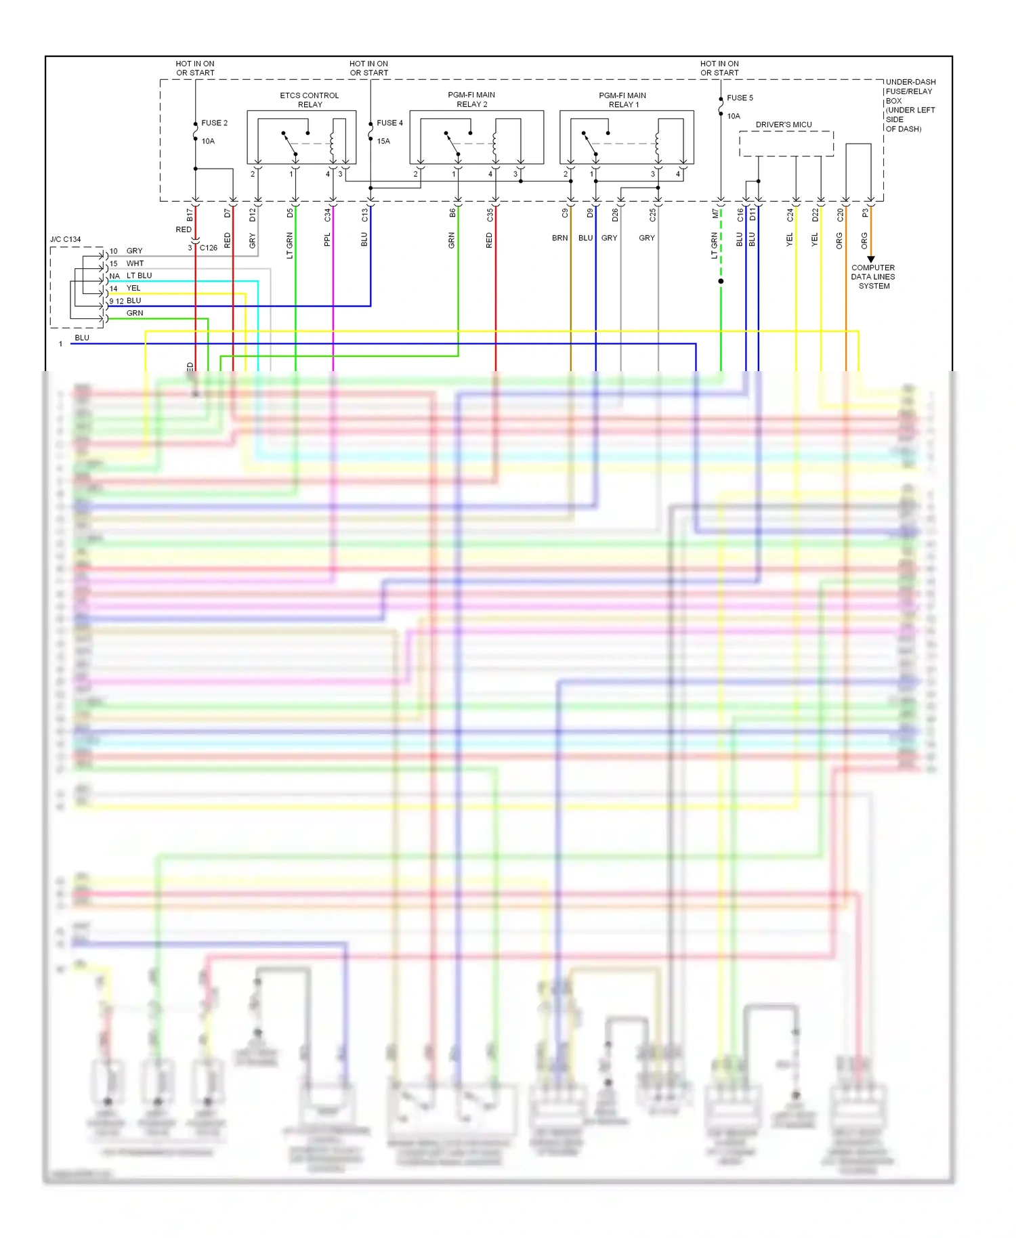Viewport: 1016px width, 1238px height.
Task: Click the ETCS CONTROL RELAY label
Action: tap(310, 100)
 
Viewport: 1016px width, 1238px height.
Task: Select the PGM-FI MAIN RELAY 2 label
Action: tap(471, 100)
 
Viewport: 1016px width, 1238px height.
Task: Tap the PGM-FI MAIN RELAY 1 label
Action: tap(622, 100)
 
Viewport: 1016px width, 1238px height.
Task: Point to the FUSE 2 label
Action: tap(214, 123)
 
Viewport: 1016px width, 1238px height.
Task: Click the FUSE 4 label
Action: tap(389, 123)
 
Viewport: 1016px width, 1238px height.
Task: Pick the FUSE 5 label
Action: tap(740, 98)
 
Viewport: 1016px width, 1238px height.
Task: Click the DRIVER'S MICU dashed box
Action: tap(786, 144)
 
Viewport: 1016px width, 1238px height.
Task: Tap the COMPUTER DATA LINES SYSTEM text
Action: tap(873, 277)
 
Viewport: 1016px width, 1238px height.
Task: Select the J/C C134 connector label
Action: tap(65, 240)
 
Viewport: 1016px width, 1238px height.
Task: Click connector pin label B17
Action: tap(190, 215)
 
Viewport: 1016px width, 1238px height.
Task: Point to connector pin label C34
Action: tap(327, 215)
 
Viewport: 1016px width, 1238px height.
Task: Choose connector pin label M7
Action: tap(715, 214)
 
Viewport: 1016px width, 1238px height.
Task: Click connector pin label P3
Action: tap(865, 213)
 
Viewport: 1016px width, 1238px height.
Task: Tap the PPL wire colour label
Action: tap(327, 240)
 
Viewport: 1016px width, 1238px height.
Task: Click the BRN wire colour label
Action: tap(559, 238)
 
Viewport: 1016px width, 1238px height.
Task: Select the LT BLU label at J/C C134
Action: tap(139, 276)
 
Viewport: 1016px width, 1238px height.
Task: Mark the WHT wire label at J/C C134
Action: tap(135, 263)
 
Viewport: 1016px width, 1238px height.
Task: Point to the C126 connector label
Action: tap(209, 248)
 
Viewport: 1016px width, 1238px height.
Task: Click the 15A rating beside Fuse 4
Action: tap(383, 142)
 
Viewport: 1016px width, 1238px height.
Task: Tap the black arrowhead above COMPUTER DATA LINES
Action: tap(871, 259)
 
